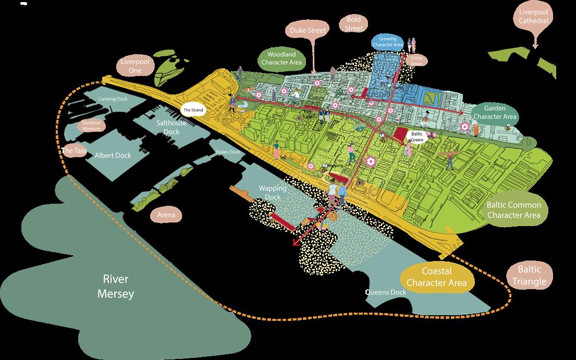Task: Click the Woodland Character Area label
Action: coord(281,58)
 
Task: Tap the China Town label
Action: coord(416,60)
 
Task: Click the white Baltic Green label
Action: coord(417,137)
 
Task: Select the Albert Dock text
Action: coord(113,155)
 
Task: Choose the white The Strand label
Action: coord(192,110)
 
